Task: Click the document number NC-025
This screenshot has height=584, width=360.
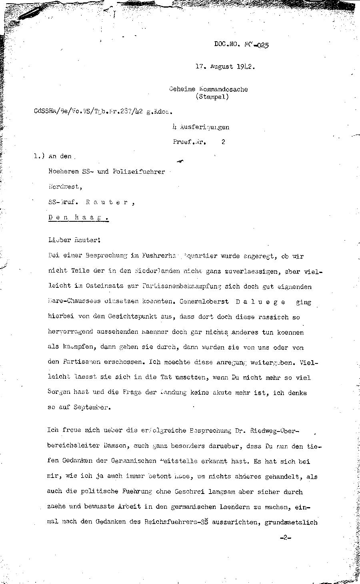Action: tap(256, 45)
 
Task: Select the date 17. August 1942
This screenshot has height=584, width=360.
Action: tap(225, 66)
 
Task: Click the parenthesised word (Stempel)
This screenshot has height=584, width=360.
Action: tap(212, 96)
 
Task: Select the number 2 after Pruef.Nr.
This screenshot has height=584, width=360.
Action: tap(223, 142)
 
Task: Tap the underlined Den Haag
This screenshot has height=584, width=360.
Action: tap(78, 218)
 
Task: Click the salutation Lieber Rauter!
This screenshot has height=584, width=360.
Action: tap(74, 240)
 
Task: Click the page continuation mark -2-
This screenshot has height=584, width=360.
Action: tap(285, 538)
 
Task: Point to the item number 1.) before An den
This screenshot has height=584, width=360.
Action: tap(40, 157)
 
